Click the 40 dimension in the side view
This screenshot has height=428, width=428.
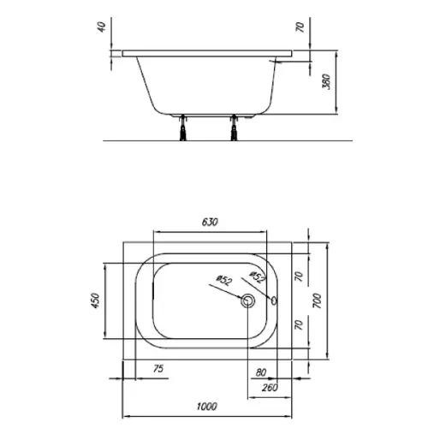point(102,27)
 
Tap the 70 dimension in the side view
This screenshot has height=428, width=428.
point(300,27)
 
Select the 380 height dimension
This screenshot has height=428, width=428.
point(326,82)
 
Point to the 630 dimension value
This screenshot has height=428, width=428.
point(210,222)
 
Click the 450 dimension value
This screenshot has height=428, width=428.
point(95,300)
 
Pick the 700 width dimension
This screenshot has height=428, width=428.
point(317,300)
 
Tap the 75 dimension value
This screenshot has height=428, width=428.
point(158,369)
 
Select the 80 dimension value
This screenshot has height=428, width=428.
point(261,372)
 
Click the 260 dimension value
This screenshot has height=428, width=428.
point(270,388)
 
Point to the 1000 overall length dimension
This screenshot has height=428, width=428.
point(207,407)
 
